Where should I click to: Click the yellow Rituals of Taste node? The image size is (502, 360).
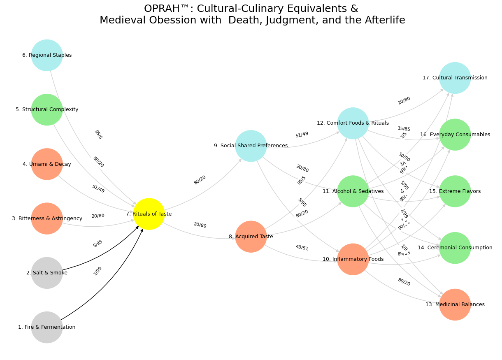click(x=149, y=214)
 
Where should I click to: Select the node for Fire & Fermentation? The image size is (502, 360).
click(x=47, y=327)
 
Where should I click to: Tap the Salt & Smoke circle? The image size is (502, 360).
click(x=47, y=273)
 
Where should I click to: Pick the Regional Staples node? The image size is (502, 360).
click(x=47, y=55)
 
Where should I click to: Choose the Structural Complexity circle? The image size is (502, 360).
click(x=47, y=109)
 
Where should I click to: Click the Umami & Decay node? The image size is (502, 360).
click(x=47, y=164)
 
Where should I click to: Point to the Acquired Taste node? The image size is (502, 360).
click(x=251, y=237)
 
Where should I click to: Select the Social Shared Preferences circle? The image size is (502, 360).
click(x=251, y=146)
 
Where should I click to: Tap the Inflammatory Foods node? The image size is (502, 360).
click(x=353, y=259)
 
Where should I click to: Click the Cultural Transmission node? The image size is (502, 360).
click(x=455, y=78)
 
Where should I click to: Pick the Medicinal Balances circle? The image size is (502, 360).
click(x=455, y=304)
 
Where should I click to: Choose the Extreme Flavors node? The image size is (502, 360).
click(x=455, y=191)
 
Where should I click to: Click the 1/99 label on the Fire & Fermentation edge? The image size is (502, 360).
click(x=98, y=271)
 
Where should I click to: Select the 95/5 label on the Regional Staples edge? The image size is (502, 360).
click(x=98, y=135)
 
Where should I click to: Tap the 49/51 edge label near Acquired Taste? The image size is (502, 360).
click(x=302, y=247)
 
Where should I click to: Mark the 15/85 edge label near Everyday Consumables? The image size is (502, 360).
click(x=404, y=129)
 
